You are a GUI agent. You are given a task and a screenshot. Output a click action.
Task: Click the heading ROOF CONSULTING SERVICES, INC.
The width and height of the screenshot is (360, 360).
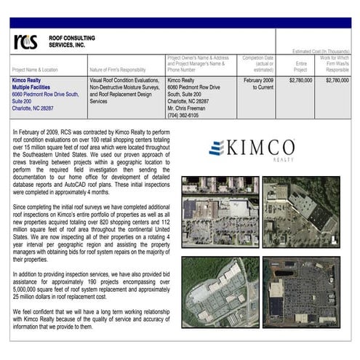click(67, 41)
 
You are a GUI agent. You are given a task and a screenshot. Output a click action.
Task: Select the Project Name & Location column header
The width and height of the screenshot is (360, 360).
click(39, 70)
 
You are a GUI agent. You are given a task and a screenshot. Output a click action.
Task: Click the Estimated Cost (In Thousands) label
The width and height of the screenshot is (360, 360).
click(321, 52)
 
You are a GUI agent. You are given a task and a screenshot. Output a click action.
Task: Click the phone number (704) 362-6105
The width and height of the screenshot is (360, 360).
click(183, 115)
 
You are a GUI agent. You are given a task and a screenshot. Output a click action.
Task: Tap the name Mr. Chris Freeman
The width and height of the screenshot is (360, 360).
click(191, 108)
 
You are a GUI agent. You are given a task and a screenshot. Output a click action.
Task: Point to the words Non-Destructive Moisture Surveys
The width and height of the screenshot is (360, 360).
click(129, 87)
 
